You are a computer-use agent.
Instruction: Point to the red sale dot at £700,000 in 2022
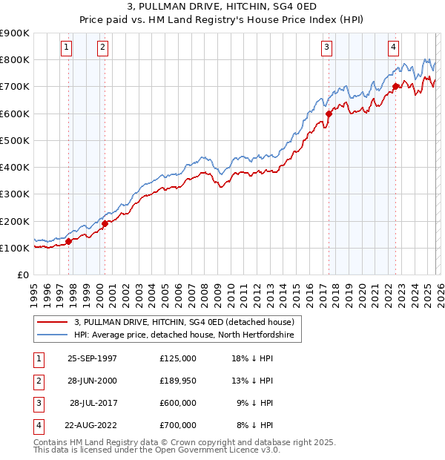click(395, 87)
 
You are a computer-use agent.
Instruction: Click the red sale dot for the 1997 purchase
click(69, 241)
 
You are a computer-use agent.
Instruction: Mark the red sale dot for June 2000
click(105, 223)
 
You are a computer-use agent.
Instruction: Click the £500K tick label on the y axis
click(15, 140)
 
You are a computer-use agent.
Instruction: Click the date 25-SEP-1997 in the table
click(91, 358)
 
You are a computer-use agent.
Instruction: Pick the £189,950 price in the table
click(178, 381)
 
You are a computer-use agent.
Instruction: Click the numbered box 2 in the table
click(36, 381)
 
